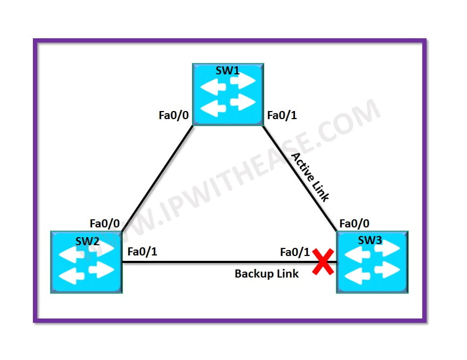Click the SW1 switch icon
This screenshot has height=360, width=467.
click(x=228, y=94)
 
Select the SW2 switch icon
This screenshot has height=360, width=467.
click(x=86, y=262)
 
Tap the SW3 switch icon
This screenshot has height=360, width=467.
click(x=372, y=262)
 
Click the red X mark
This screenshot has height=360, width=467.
click(x=322, y=265)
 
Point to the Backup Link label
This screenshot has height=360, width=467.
click(x=266, y=274)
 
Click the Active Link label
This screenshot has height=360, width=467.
click(x=310, y=177)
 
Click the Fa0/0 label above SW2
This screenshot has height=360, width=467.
click(x=105, y=223)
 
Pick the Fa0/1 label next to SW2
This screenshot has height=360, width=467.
click(x=142, y=251)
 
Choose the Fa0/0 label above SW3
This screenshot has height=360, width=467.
click(x=354, y=223)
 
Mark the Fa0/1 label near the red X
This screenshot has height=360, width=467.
click(x=295, y=252)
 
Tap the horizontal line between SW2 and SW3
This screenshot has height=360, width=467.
click(x=216, y=262)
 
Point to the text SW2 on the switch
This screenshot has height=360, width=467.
click(x=86, y=240)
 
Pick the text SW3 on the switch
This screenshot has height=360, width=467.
click(x=370, y=240)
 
